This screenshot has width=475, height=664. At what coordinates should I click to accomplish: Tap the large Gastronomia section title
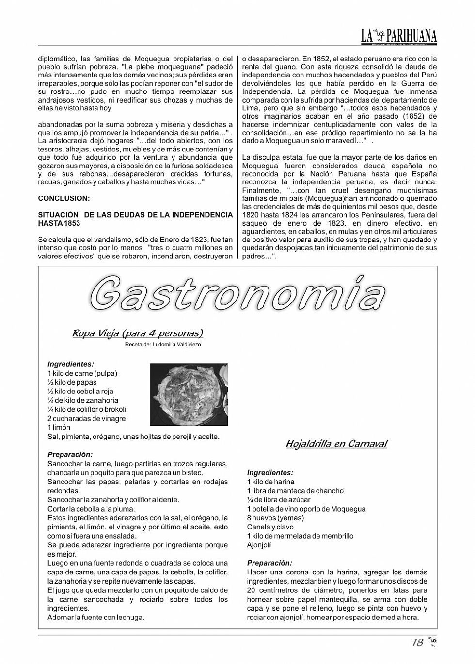237,293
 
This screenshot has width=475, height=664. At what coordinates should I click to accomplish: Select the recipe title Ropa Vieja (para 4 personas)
138,333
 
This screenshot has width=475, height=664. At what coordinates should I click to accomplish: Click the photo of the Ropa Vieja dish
189,395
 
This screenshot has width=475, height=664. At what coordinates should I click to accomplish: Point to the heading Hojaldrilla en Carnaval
336,444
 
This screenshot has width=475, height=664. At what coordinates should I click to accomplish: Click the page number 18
417,643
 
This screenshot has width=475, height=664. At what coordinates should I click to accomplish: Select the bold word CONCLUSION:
63,198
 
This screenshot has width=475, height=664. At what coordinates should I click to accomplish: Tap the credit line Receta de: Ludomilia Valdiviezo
163,345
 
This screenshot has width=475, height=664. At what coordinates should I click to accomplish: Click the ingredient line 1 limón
59,428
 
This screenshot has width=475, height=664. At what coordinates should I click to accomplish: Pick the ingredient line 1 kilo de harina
270,482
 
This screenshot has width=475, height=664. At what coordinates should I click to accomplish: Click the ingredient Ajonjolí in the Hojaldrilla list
259,545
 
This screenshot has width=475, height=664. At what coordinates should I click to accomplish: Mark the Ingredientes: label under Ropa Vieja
71,364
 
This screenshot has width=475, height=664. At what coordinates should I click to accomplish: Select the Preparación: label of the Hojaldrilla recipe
269,563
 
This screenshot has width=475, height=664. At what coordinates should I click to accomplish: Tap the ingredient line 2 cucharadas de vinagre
86,419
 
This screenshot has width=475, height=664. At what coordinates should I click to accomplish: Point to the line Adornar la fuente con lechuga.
96,618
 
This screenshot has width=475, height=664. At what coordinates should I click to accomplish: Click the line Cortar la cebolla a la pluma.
91,509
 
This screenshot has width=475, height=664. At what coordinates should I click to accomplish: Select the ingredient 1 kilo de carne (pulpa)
82,374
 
